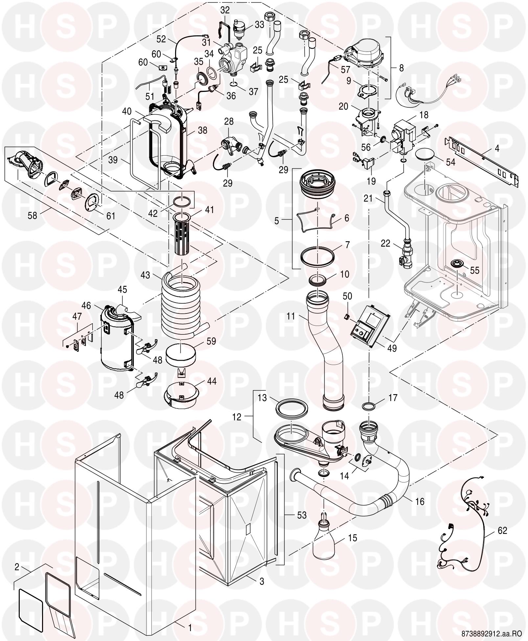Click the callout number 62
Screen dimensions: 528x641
[x=502, y=531]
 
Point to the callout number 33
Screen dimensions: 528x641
[x=259, y=25]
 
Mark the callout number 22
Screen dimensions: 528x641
[x=385, y=244]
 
